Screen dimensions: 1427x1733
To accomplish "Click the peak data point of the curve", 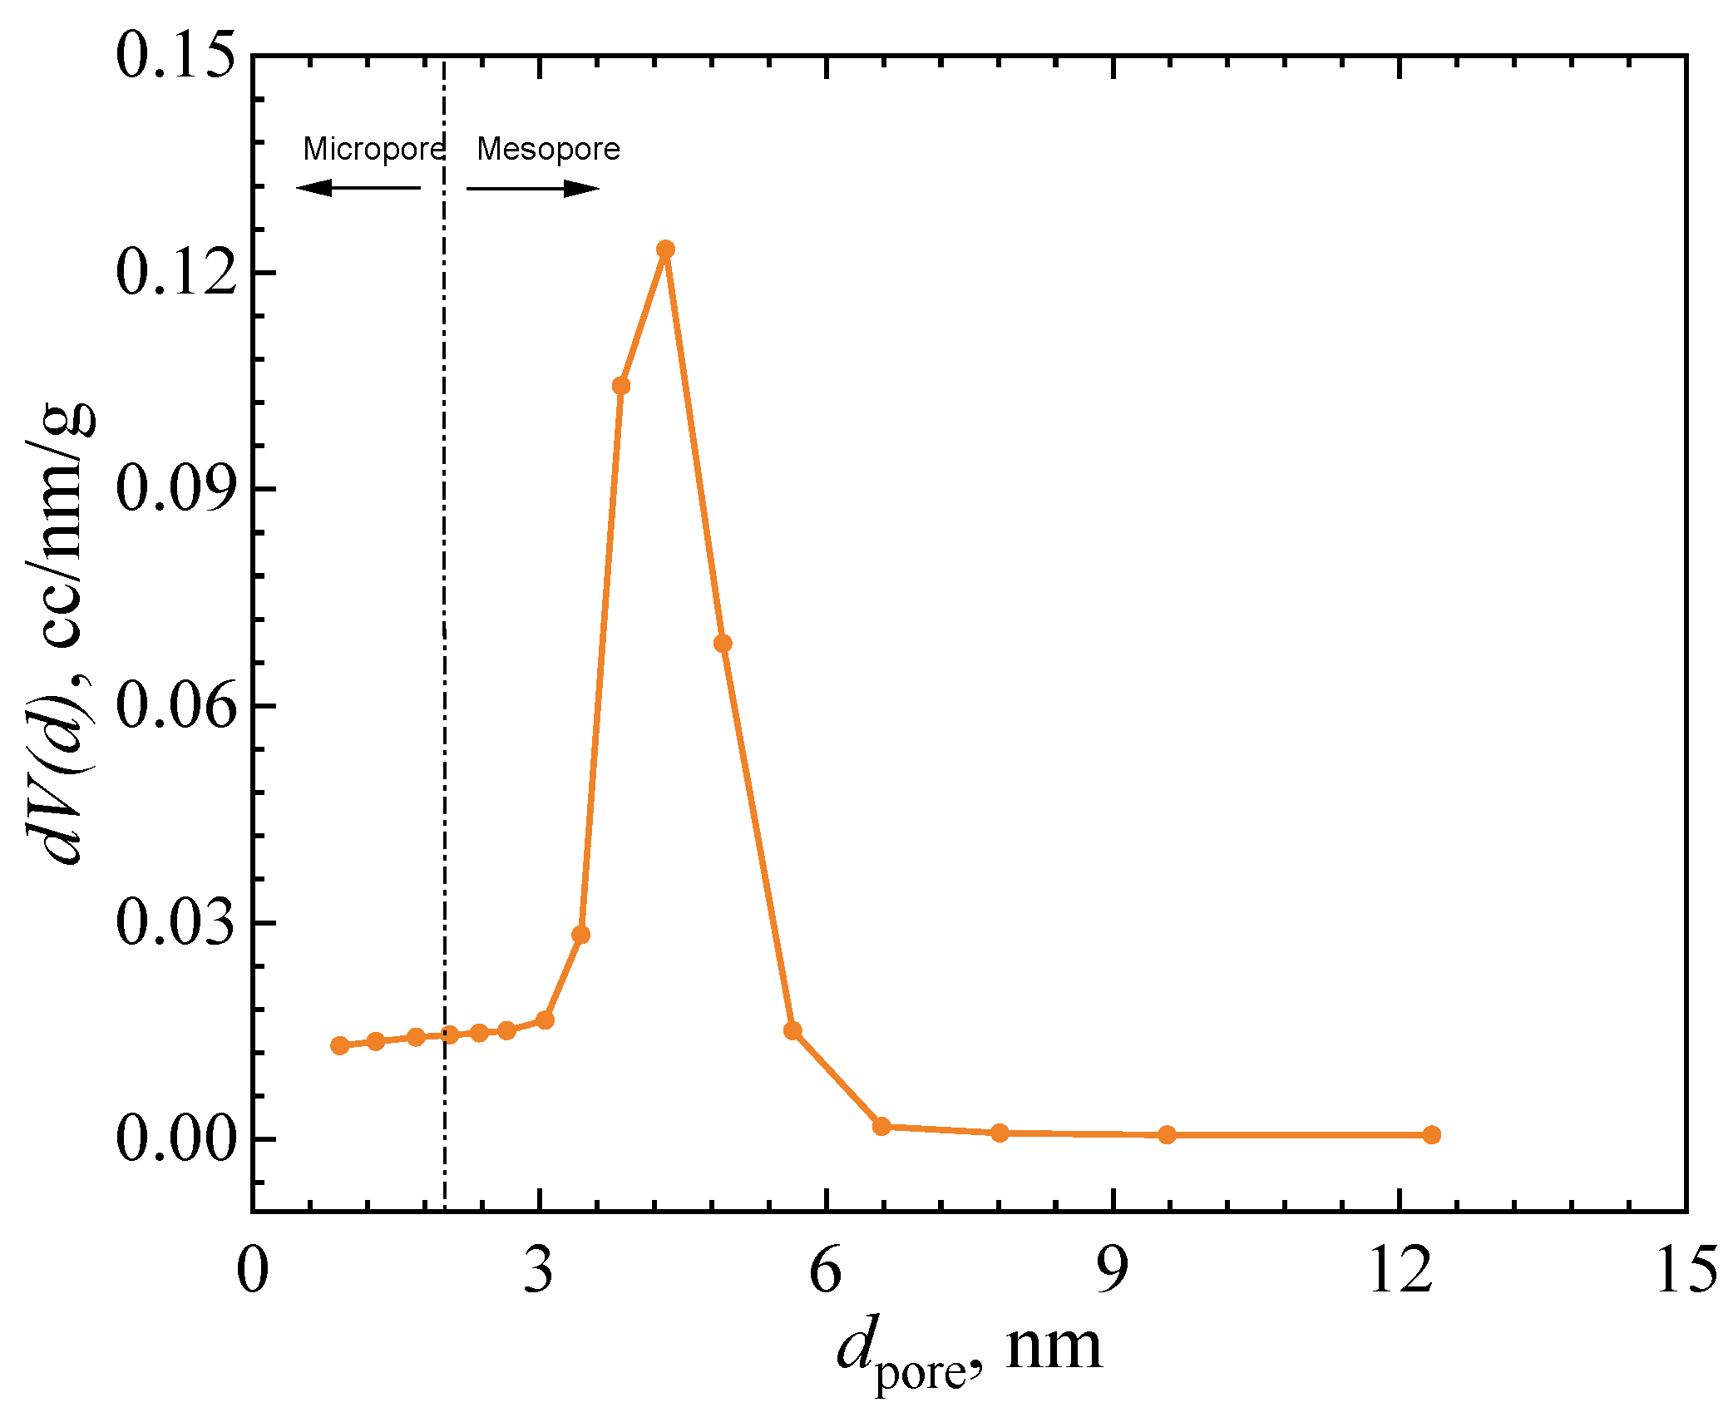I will (665, 249).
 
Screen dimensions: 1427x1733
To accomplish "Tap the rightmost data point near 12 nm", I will (1431, 1134).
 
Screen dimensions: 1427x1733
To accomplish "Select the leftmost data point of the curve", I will (339, 1045).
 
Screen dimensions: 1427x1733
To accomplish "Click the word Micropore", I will (374, 150).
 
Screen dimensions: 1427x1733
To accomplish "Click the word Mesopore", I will (548, 150).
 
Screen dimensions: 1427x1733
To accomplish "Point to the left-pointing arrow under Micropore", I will (358, 188).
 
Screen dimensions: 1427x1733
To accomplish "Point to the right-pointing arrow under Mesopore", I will (533, 189).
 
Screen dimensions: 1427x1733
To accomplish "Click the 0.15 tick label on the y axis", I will (175, 57).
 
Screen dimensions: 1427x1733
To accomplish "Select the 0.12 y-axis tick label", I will (175, 273).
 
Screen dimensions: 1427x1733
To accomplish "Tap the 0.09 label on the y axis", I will (175, 489).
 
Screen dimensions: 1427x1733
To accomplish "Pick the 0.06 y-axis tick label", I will (175, 706).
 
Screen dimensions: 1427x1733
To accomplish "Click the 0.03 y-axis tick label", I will (175, 922).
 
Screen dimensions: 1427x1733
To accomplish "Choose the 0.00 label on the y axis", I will (175, 1138).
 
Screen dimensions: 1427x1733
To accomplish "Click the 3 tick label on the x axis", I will (539, 1271).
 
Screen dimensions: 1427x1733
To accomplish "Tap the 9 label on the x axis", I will (1112, 1271).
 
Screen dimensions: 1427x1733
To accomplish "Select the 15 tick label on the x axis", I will (1686, 1271).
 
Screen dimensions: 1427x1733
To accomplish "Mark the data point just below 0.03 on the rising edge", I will (581, 935).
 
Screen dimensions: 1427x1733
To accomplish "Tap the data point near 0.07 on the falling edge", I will (723, 643).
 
